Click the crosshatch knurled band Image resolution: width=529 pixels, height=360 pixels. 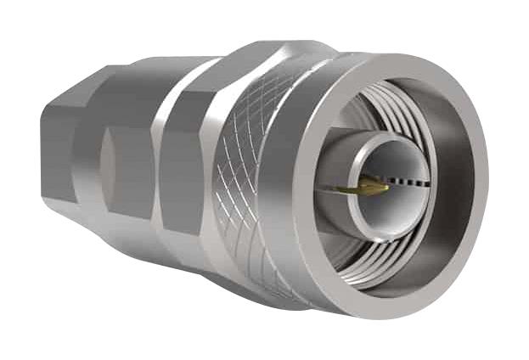246,170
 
